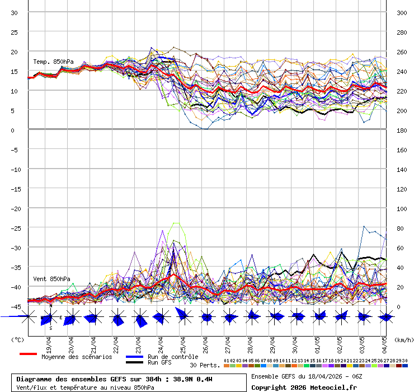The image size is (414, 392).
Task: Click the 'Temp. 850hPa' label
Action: tap(53, 62)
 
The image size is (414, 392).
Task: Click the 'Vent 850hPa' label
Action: tap(51, 278)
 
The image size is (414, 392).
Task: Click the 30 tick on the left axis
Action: tap(15, 12)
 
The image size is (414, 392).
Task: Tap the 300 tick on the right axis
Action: tap(402, 12)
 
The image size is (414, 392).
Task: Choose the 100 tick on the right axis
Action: tap(402, 208)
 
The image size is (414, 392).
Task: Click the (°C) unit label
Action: tap(17, 339)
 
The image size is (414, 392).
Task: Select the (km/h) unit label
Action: tap(403, 339)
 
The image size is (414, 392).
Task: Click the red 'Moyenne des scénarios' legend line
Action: tap(28, 354)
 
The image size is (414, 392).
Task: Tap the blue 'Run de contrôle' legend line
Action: tap(134, 357)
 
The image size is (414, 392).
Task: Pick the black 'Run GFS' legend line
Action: tap(134, 362)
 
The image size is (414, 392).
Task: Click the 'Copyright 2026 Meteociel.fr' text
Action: tap(304, 387)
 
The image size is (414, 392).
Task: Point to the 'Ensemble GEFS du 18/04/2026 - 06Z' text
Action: tap(305, 376)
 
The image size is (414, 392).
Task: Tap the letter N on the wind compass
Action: tap(50, 306)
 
